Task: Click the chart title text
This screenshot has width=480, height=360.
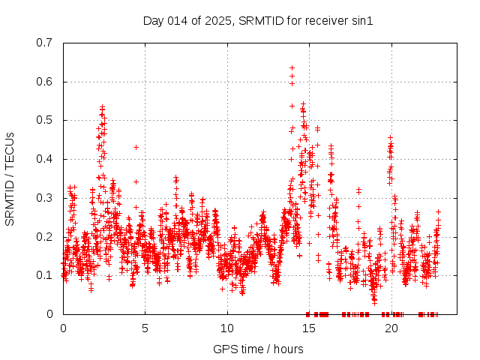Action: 258,20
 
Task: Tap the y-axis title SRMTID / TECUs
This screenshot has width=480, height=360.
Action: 10,178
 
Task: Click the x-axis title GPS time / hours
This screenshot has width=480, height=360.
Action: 258,349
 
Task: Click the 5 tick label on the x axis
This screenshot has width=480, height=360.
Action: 145,328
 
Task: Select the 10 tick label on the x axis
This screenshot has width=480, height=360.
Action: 227,328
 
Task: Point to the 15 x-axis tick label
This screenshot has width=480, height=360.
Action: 309,328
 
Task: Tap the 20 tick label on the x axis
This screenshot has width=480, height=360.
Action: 391,328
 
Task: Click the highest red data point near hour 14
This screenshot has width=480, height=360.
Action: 292,67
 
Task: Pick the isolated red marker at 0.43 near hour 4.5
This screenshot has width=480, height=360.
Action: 136,147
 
